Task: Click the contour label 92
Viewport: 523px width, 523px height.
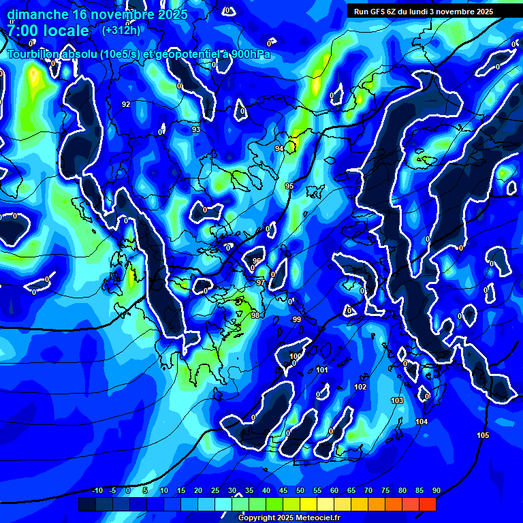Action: [x=126, y=104]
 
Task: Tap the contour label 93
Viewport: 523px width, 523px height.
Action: [x=196, y=129]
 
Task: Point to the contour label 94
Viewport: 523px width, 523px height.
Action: [x=279, y=148]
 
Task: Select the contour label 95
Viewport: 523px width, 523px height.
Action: [x=289, y=186]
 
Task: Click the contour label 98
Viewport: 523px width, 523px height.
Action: [x=255, y=315]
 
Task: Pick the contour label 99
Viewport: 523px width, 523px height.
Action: [x=296, y=319]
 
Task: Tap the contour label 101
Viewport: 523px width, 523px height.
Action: [x=322, y=370]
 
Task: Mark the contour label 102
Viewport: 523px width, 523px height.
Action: [x=360, y=387]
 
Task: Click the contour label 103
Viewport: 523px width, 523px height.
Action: [x=397, y=400]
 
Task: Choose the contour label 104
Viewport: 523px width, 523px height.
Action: [x=422, y=422]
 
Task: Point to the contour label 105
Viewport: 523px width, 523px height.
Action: [x=483, y=435]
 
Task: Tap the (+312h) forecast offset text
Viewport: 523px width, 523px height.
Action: [x=121, y=30]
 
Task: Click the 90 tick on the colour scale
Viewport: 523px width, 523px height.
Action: [x=436, y=490]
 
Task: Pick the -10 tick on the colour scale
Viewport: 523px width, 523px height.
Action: [x=97, y=490]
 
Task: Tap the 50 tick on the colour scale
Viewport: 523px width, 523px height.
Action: [x=300, y=490]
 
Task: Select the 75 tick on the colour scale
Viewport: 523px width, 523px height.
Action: [x=385, y=490]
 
